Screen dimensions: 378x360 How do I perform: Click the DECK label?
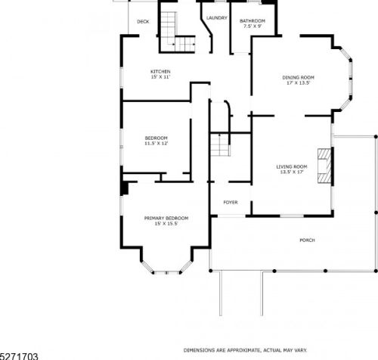(x=143, y=22)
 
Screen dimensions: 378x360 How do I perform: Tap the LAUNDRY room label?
(x=217, y=18)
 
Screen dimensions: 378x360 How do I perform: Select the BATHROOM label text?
(x=253, y=21)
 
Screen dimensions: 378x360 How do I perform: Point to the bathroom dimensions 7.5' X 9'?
(x=253, y=26)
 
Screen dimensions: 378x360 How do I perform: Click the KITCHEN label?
(x=160, y=72)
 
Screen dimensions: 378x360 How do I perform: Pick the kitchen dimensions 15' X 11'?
(x=160, y=77)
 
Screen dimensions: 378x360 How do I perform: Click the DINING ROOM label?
(x=298, y=78)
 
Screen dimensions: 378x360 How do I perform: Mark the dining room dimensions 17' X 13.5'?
(x=298, y=83)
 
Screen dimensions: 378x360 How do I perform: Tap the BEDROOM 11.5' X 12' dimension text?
(x=156, y=144)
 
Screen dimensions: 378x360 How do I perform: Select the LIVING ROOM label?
(x=292, y=167)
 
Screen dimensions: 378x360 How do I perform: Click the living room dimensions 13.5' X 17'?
(x=292, y=172)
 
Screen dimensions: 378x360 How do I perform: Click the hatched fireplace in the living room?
(x=324, y=166)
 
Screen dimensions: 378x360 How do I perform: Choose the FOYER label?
(x=231, y=203)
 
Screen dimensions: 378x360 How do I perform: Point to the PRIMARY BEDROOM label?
(x=166, y=219)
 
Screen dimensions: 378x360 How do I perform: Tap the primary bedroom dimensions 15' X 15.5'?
(x=166, y=224)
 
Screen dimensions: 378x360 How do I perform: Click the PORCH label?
(x=307, y=241)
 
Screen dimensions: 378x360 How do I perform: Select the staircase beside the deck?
(x=178, y=32)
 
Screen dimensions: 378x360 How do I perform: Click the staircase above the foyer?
(x=220, y=144)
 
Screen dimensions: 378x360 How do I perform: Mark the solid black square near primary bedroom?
(x=125, y=188)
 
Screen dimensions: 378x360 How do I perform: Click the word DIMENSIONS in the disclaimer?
(x=198, y=350)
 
